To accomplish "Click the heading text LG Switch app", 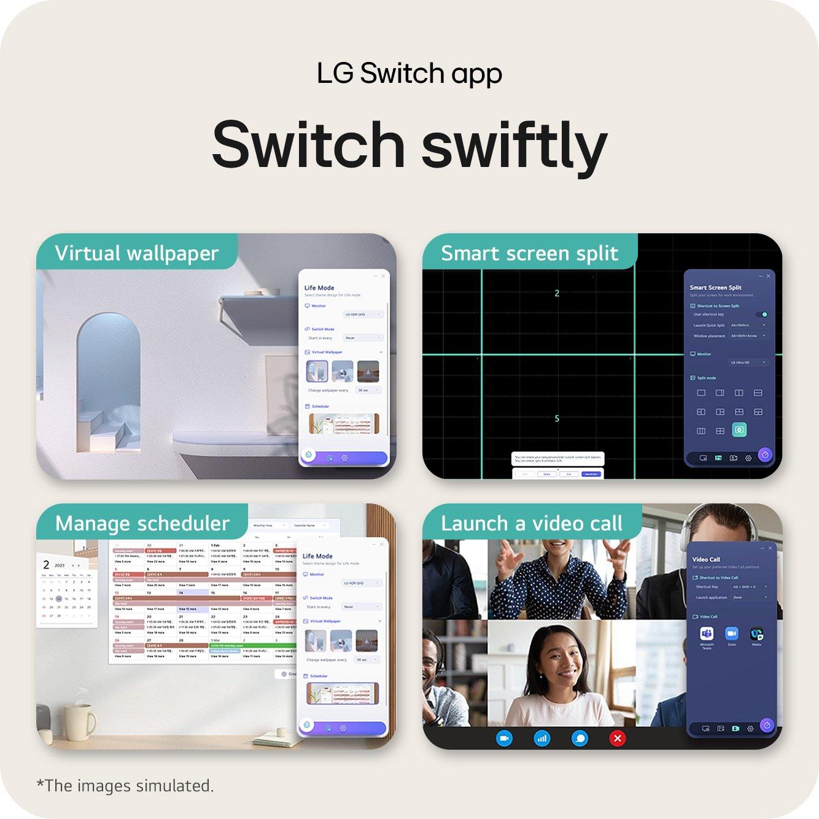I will tap(409, 74).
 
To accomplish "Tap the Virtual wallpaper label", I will tap(136, 253).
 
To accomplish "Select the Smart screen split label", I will tap(529, 253).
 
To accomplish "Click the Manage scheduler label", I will tap(142, 523).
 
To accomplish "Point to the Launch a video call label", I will tap(532, 523).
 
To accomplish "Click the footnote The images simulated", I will tap(125, 786).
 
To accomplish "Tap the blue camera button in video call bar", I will tap(504, 738).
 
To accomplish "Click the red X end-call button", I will tap(618, 738).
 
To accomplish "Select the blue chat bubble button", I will tap(580, 738).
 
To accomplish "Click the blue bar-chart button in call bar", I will tap(541, 738).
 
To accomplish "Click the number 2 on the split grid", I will tap(557, 293).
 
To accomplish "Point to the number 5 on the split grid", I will tap(557, 419).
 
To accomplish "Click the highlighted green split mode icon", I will tap(739, 430).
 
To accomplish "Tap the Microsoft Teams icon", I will tap(707, 633).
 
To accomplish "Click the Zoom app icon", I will tap(731, 633).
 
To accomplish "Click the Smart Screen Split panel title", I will tap(715, 287).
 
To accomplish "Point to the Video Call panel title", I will tap(706, 559).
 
